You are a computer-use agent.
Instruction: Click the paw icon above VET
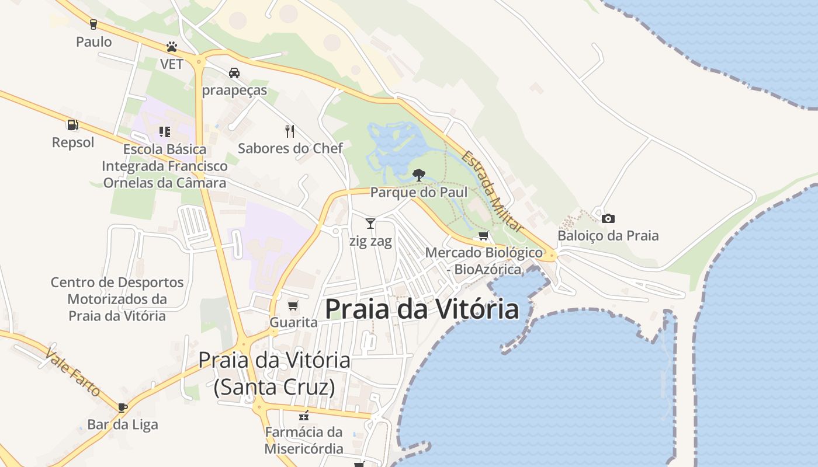[171, 47]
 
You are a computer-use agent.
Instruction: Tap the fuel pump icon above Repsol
[72, 124]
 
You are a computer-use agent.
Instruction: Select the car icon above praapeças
[234, 73]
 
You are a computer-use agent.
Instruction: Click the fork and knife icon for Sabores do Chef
[289, 131]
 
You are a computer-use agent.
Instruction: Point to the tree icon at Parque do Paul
[418, 174]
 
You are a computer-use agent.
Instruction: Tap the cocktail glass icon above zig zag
[370, 223]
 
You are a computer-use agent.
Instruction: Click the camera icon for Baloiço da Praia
[608, 218]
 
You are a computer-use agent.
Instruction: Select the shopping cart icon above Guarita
[293, 305]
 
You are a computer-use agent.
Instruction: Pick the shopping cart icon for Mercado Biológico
[483, 236]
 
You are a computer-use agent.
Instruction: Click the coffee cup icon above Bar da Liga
[122, 407]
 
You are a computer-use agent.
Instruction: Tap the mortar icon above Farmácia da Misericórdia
[303, 416]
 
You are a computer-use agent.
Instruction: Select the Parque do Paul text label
[419, 192]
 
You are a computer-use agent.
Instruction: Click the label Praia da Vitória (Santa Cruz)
[274, 373]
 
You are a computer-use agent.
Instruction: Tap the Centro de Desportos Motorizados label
[117, 299]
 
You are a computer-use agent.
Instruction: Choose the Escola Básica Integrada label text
[165, 166]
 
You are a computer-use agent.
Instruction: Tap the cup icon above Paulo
[93, 25]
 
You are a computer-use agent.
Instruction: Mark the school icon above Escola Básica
[164, 132]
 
